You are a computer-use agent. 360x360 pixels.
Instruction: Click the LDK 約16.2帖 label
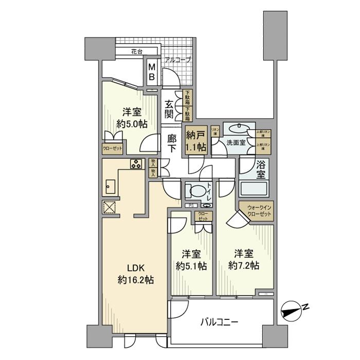(x=135, y=274)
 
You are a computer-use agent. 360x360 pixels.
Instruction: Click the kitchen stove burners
(x=136, y=165)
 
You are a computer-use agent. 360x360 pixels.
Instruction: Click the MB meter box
(x=152, y=71)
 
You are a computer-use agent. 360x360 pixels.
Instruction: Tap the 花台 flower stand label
(x=136, y=52)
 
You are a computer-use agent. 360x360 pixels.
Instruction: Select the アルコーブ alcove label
(x=177, y=60)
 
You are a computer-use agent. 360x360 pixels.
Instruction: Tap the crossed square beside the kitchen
(x=109, y=207)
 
